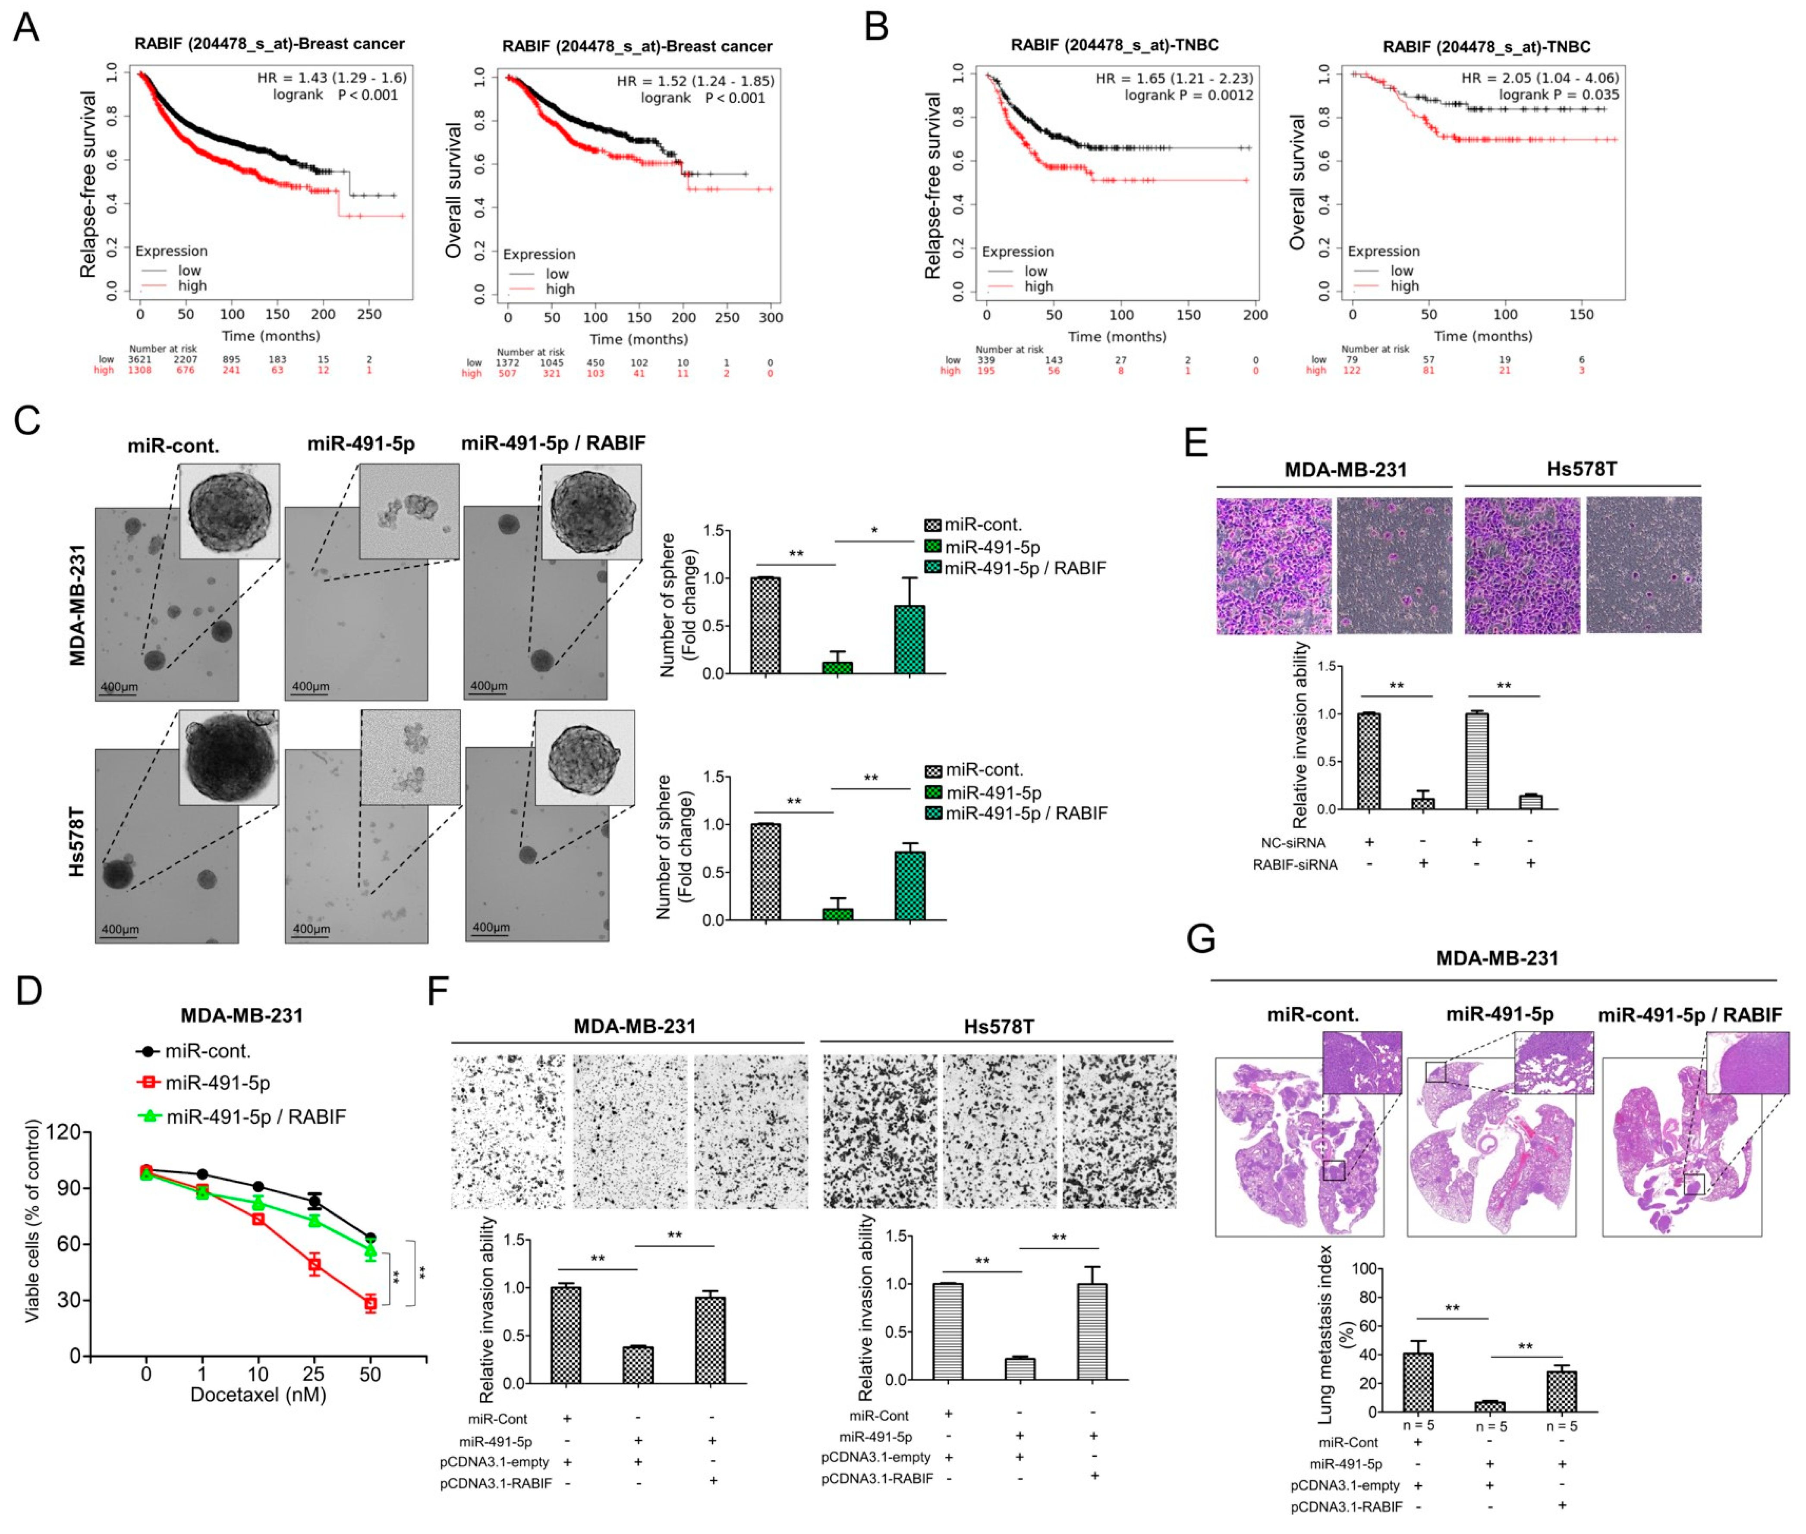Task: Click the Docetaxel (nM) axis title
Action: pos(258,1395)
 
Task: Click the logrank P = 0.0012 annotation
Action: pos(1189,95)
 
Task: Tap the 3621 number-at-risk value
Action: pos(139,359)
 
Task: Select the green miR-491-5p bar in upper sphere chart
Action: pos(837,667)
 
